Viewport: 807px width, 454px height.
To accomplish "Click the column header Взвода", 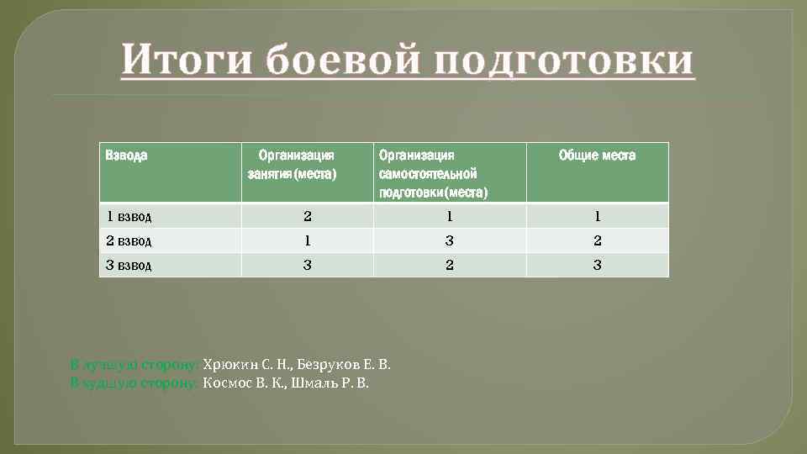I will pyautogui.click(x=126, y=156).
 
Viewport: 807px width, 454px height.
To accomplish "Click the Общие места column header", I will pyautogui.click(x=597, y=156).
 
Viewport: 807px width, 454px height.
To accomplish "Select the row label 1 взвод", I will pyautogui.click(x=129, y=216).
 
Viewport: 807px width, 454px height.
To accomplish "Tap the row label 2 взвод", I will pyautogui.click(x=129, y=241).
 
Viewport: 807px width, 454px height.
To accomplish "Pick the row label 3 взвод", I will pyautogui.click(x=129, y=266).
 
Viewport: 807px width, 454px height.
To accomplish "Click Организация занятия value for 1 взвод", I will pyautogui.click(x=307, y=216).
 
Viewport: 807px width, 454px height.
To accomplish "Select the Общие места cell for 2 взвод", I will pyautogui.click(x=598, y=241).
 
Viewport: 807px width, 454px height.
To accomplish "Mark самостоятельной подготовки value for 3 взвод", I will pyautogui.click(x=450, y=266).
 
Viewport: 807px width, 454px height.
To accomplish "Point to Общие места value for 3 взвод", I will pyautogui.click(x=598, y=266).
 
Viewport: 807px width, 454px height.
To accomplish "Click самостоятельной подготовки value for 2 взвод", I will pyautogui.click(x=450, y=241).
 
